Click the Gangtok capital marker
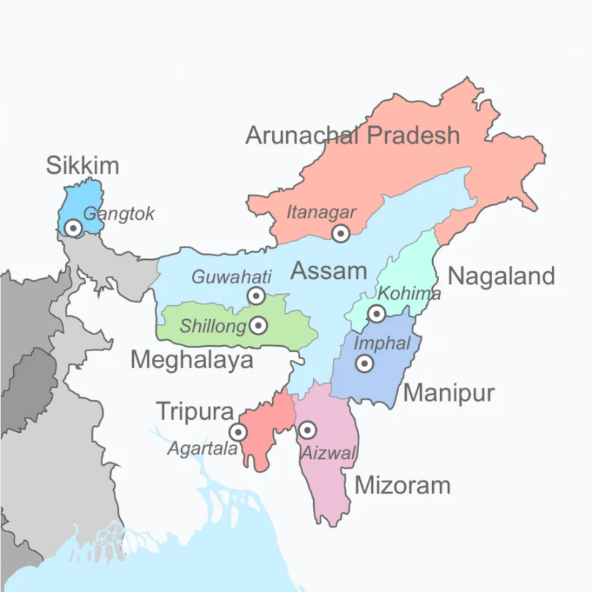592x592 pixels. pyautogui.click(x=72, y=228)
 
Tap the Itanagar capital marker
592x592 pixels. pyautogui.click(x=340, y=234)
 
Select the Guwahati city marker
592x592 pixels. pyautogui.click(x=256, y=296)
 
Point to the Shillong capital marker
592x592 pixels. pyautogui.click(x=258, y=326)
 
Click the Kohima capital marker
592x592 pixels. pyautogui.click(x=376, y=314)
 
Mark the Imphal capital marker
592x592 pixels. pyautogui.click(x=364, y=363)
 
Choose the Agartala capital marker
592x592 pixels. pyautogui.click(x=238, y=432)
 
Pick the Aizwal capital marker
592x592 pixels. pyautogui.click(x=307, y=430)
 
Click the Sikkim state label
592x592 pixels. pyautogui.click(x=82, y=165)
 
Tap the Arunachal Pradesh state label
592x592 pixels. pyautogui.click(x=353, y=135)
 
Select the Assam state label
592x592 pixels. pyautogui.click(x=328, y=272)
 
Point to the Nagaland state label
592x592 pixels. pyautogui.click(x=501, y=276)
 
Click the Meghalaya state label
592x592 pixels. pyautogui.click(x=192, y=359)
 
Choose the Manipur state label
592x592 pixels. pyautogui.click(x=449, y=393)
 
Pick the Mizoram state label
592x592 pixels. pyautogui.click(x=402, y=485)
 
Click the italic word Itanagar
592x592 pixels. pyautogui.click(x=321, y=212)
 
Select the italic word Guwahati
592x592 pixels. pyautogui.click(x=231, y=277)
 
